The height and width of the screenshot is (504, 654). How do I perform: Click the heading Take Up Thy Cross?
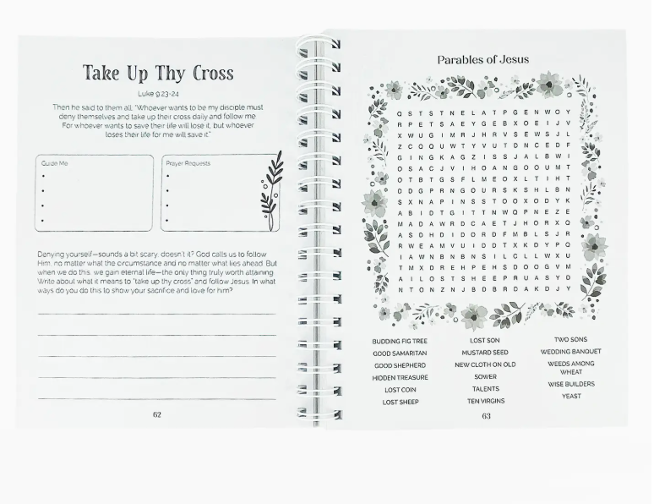157,73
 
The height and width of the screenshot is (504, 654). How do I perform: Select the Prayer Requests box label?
188,163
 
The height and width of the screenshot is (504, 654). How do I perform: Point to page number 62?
157,414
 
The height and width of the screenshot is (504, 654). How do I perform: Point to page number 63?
486,415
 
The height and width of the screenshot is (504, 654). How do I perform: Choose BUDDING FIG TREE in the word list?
400,341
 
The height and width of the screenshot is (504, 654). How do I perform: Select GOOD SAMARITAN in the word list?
400,353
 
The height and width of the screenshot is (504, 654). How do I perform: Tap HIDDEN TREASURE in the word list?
400,378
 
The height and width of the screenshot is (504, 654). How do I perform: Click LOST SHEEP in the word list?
400,403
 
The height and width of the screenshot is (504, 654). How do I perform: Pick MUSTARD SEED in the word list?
485,353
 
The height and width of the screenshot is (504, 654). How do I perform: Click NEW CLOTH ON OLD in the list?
485,365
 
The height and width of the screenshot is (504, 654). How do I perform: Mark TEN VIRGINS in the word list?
485,401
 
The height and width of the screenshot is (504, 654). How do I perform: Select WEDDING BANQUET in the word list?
571,352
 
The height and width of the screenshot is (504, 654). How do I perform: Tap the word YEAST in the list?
571,396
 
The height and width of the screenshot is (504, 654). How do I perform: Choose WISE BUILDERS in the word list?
571,384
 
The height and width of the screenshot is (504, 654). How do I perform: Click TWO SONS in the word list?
571,340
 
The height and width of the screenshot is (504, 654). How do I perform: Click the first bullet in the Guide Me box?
43,177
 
